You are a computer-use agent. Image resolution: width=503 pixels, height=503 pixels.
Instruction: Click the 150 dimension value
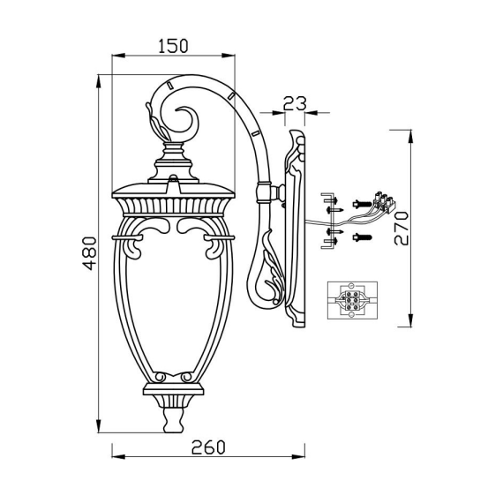pyautogui.click(x=173, y=46)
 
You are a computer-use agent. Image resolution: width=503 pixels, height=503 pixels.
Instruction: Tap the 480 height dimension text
pyautogui.click(x=89, y=253)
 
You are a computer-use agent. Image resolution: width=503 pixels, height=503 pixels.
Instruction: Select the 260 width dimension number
pyautogui.click(x=208, y=447)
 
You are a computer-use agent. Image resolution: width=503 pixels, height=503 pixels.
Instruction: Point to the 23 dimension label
pyautogui.click(x=295, y=103)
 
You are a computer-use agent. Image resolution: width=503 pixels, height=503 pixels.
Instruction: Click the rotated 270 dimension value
pyautogui.click(x=402, y=228)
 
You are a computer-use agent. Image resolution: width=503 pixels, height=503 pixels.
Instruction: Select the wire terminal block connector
pyautogui.click(x=385, y=202)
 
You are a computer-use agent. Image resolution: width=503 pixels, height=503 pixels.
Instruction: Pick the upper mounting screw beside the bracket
pyautogui.click(x=362, y=203)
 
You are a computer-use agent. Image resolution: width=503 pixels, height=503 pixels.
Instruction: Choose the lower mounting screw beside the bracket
pyautogui.click(x=362, y=237)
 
